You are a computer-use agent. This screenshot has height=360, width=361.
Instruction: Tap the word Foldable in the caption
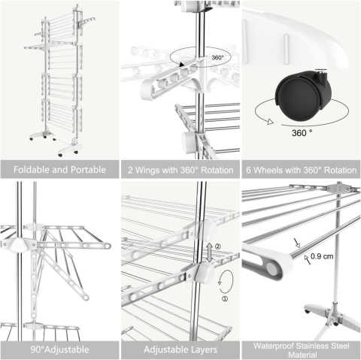coord(32,170)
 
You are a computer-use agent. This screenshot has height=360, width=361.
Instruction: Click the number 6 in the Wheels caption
coord(248,170)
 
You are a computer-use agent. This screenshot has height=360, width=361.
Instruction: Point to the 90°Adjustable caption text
coord(59,349)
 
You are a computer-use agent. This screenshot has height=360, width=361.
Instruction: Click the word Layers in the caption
coord(202,349)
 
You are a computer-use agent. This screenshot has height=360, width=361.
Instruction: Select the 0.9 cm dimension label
coord(322,256)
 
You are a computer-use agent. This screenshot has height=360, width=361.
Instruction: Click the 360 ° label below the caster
coord(302,133)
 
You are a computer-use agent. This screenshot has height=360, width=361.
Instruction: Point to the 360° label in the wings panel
coord(217,58)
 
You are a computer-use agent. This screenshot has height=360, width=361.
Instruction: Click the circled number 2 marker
coord(218,247)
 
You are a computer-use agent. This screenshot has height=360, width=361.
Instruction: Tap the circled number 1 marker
coord(225,298)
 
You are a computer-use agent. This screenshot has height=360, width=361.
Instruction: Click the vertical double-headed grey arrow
coord(210,253)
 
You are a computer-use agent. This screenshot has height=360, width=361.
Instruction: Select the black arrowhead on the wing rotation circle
coord(182,65)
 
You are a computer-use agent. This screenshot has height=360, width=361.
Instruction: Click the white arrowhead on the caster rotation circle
coord(270,122)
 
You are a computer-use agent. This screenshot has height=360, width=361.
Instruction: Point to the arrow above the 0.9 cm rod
coord(297,243)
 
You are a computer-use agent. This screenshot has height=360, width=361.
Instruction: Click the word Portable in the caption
coord(89,170)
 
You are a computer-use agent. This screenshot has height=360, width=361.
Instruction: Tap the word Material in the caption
coord(302,355)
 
